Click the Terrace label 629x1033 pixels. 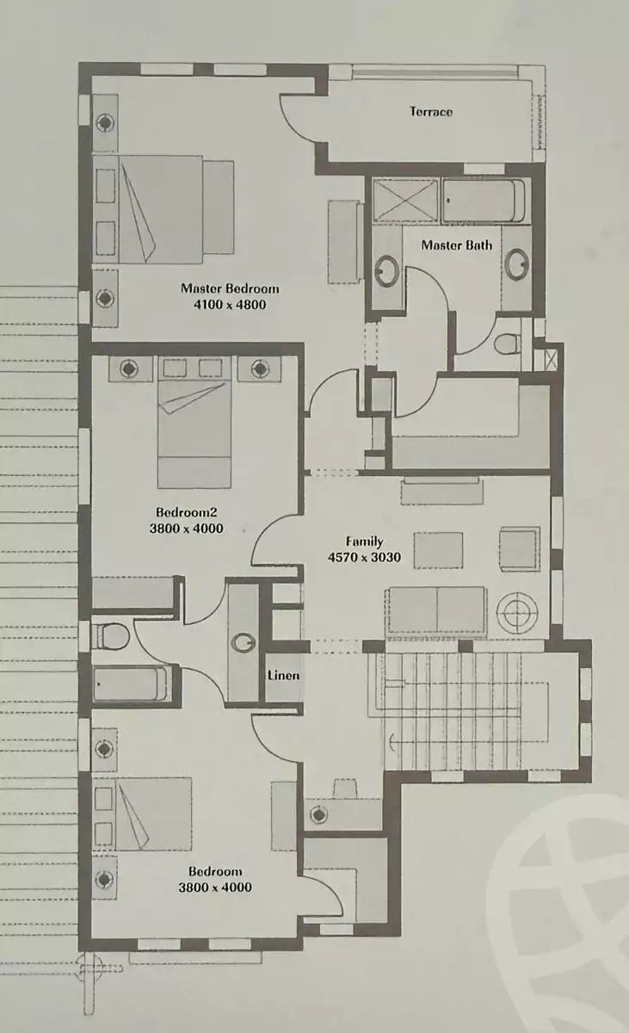pos(430,112)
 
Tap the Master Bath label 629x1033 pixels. pos(457,245)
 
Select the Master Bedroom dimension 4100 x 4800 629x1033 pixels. pos(229,304)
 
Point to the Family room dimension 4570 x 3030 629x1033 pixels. pos(365,557)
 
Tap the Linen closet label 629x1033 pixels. pos(283,675)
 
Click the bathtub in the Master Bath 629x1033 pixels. pos(484,201)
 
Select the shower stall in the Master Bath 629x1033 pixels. pos(405,201)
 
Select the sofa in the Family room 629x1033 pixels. pos(437,609)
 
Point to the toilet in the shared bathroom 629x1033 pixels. pos(109,637)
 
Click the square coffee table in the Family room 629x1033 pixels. pos(437,549)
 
